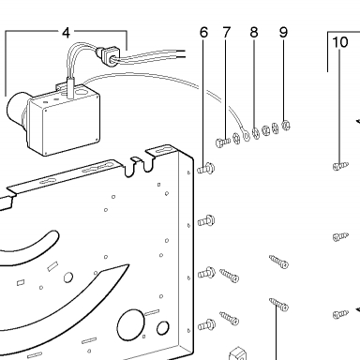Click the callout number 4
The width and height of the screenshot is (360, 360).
coord(66,33)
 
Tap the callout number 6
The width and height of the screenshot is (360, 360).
coord(203,33)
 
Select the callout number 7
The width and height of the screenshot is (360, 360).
coord(227,33)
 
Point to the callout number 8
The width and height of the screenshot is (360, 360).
coord(254,33)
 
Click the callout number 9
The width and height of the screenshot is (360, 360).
coord(283,33)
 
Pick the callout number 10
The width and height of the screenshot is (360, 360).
coord(340,42)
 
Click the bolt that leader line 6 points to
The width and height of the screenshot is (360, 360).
coord(206,169)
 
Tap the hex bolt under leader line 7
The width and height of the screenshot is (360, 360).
coord(222,142)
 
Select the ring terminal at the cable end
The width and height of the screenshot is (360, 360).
coord(247,135)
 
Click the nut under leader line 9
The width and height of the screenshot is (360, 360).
coord(286,126)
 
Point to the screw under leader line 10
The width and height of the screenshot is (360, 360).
coord(340,166)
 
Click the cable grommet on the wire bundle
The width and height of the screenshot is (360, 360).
coord(107,55)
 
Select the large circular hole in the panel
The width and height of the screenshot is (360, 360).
coord(130,325)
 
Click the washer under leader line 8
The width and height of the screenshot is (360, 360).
coord(256,133)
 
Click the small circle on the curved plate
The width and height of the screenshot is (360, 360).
coord(68,277)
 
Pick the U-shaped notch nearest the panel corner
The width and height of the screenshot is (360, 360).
coord(149,162)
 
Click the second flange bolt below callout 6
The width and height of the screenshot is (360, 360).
coord(206,221)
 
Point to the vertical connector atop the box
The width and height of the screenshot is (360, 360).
coord(70,87)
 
